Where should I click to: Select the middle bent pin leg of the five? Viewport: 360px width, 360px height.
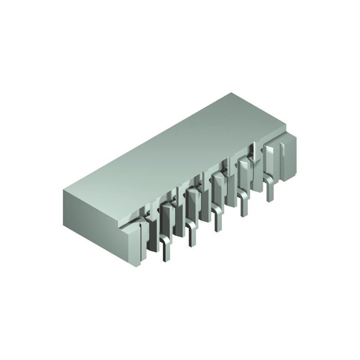tap(218, 220)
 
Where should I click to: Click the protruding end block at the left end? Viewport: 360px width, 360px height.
tap(135, 243)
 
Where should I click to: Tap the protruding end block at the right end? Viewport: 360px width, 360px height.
tap(288, 155)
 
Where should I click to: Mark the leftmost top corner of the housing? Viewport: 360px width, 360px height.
tap(64, 190)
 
